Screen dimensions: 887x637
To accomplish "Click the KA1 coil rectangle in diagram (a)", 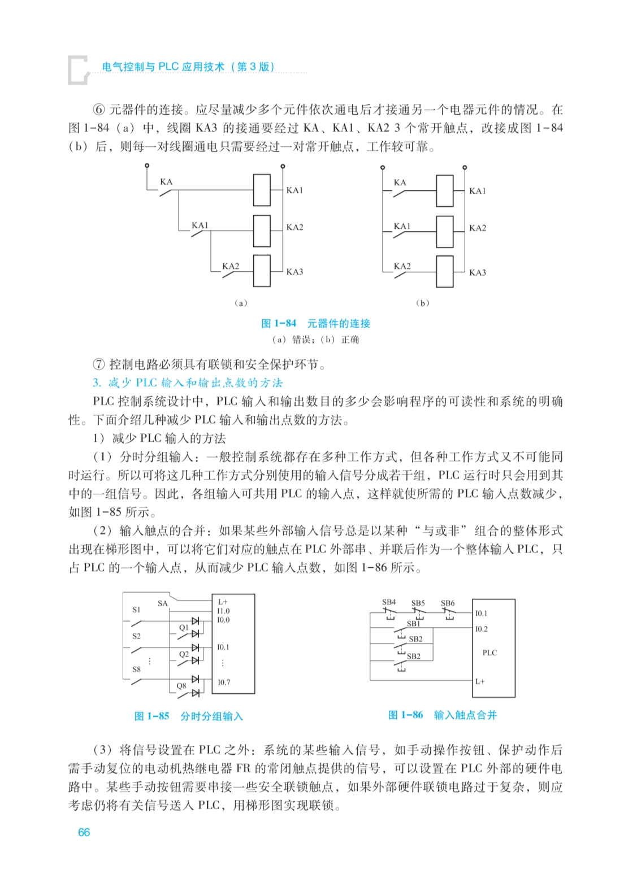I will [261, 190].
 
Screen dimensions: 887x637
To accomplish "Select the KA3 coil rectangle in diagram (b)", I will [444, 272].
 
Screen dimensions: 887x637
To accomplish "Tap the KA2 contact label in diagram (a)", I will [231, 266].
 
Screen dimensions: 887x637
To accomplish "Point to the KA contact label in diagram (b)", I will [400, 182].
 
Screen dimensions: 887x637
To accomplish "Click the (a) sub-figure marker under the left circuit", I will [241, 303].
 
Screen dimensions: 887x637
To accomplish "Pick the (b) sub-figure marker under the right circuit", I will [422, 303].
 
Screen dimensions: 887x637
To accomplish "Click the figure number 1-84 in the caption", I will [285, 323].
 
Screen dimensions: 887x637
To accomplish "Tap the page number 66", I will [84, 832].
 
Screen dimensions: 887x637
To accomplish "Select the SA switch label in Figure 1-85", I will [163, 603].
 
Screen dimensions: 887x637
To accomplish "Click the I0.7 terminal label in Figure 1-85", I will [224, 682].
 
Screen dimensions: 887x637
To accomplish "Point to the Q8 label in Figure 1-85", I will [181, 686].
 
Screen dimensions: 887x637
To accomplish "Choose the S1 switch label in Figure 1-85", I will [136, 610].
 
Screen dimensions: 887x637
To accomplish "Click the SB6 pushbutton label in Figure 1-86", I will [448, 603].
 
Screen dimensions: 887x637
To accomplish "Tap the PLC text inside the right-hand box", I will [489, 653].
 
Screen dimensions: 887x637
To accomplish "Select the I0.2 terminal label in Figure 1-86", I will [481, 629].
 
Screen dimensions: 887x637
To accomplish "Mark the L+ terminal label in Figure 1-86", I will [480, 681].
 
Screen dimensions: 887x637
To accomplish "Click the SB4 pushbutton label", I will [389, 602].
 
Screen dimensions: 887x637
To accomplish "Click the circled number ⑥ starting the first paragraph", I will [99, 110].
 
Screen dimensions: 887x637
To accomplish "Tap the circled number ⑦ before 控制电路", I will [99, 364].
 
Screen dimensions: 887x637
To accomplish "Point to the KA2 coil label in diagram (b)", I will [478, 228].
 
